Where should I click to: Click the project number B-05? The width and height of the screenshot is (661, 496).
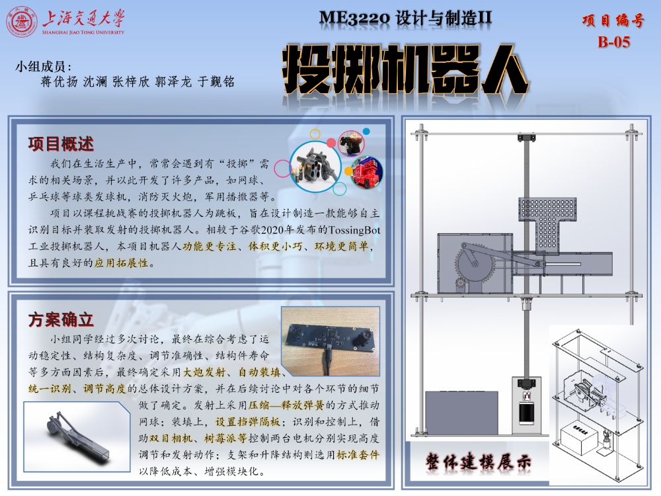(614, 42)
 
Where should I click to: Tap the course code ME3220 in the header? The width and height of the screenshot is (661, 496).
(354, 18)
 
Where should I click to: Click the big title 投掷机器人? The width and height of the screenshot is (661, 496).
(405, 69)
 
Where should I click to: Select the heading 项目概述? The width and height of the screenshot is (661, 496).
(61, 144)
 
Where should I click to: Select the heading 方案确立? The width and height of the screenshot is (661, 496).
(61, 319)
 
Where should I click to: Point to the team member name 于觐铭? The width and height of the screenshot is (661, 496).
(216, 81)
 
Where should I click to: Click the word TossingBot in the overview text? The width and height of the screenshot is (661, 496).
(354, 230)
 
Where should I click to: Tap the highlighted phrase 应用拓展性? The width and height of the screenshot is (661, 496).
(122, 263)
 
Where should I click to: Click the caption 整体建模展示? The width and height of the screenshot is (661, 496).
(478, 462)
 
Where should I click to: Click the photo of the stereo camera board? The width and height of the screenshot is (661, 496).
(330, 341)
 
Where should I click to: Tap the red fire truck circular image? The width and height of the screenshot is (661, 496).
(366, 172)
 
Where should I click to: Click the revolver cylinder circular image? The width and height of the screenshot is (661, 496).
(315, 166)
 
